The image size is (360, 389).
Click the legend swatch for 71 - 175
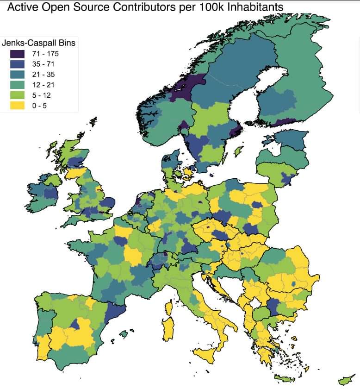(18, 54)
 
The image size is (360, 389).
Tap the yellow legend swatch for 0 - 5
(18, 106)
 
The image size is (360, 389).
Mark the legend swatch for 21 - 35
(18, 75)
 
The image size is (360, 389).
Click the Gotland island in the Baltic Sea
(239, 151)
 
